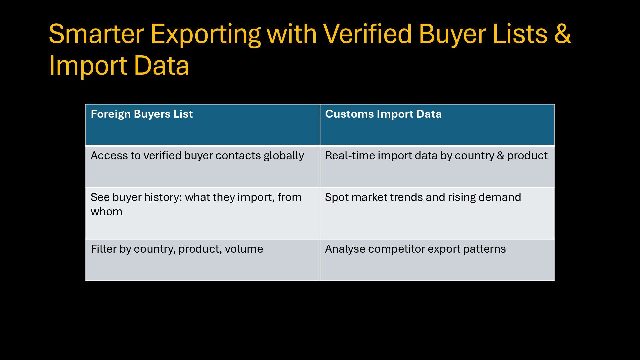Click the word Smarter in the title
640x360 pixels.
click(96, 34)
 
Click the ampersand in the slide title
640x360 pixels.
click(563, 34)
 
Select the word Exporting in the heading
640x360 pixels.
click(206, 34)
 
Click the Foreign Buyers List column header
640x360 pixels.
click(142, 114)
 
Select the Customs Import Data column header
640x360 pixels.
click(383, 114)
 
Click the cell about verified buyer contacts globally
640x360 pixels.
click(197, 156)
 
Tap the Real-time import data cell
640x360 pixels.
click(436, 156)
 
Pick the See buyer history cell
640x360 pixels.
click(196, 204)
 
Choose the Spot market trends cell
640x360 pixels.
click(423, 197)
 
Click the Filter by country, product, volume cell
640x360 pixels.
click(177, 249)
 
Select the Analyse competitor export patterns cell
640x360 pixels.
click(415, 249)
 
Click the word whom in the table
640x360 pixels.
click(106, 212)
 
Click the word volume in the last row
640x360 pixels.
click(244, 249)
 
